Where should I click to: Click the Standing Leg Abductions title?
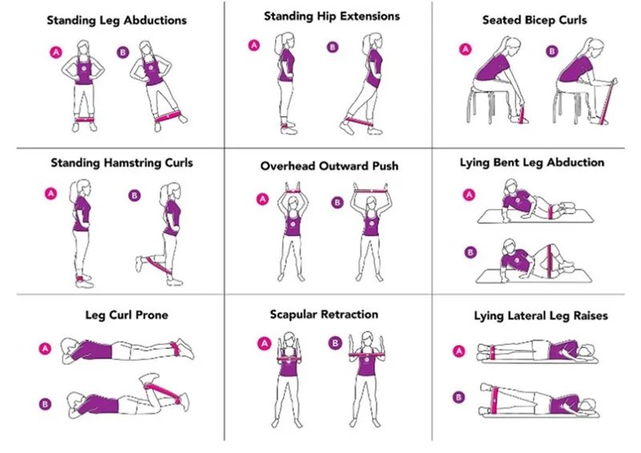(116, 21)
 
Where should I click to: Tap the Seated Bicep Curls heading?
(534, 20)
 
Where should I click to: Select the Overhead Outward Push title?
(329, 166)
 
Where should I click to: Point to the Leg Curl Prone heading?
(127, 315)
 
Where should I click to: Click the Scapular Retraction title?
(324, 314)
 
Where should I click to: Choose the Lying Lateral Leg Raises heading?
(541, 316)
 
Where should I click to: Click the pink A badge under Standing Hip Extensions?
(254, 46)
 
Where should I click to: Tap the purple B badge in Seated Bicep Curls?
(552, 51)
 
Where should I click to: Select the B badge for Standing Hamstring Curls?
(135, 195)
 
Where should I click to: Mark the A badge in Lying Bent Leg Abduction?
(469, 194)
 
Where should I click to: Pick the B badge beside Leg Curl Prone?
(45, 404)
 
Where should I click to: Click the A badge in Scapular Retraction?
(264, 343)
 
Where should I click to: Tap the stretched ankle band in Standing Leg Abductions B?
(167, 117)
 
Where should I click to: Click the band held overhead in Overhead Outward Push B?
(370, 190)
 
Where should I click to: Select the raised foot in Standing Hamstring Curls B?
(139, 263)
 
